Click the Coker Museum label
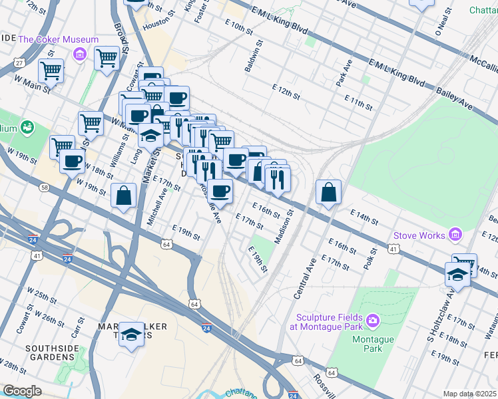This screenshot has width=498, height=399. (59, 39)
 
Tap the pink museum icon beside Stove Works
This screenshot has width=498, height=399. (455, 234)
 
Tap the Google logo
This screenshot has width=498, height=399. (21, 390)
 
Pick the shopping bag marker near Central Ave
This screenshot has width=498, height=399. (329, 193)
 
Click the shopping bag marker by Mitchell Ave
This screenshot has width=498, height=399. (124, 196)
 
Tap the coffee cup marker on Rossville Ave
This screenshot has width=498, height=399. (220, 191)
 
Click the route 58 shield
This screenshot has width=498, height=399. (43, 188)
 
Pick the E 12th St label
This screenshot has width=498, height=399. (286, 92)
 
